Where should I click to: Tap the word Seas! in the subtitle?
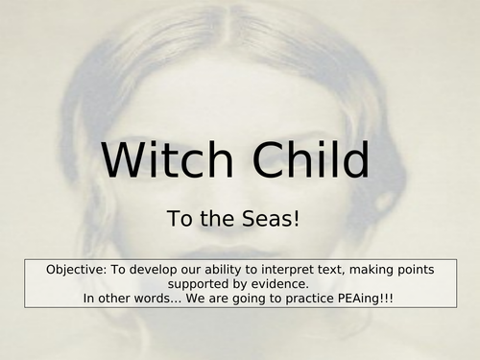point(275,219)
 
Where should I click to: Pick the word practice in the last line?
point(324,299)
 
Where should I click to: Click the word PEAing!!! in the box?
point(385,299)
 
